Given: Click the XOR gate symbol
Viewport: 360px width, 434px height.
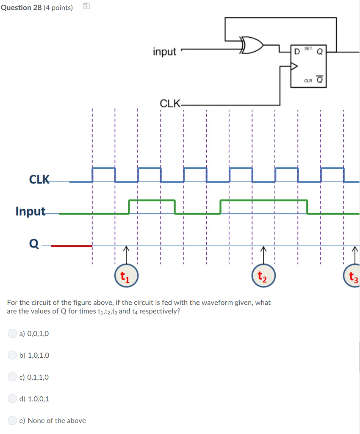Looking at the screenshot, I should pyautogui.click(x=252, y=45).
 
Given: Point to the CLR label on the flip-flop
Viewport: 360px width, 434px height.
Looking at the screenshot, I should pyautogui.click(x=308, y=81).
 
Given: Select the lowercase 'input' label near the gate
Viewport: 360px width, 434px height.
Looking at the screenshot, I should pyautogui.click(x=164, y=52).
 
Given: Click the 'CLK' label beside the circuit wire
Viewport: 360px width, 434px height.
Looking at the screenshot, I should pyautogui.click(x=169, y=103).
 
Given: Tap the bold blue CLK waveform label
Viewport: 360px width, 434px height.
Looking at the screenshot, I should pyautogui.click(x=39, y=179).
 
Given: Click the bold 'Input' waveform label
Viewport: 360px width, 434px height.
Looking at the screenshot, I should pyautogui.click(x=30, y=211).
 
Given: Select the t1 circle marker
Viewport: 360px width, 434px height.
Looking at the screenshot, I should pyautogui.click(x=125, y=277).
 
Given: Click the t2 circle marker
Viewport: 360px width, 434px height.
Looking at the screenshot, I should pyautogui.click(x=263, y=277).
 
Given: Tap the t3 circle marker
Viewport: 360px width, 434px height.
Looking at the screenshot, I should pyautogui.click(x=352, y=278).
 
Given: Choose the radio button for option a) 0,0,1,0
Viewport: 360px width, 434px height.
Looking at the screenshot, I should pyautogui.click(x=13, y=334).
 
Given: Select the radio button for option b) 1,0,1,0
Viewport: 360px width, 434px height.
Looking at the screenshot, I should pyautogui.click(x=13, y=355).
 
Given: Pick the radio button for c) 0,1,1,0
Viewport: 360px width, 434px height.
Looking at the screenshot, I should pyautogui.click(x=13, y=377).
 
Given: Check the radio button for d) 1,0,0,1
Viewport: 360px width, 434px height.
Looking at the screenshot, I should pyautogui.click(x=13, y=399).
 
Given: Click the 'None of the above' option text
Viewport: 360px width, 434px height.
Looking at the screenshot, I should pyautogui.click(x=56, y=420).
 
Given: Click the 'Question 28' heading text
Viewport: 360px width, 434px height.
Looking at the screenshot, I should pyautogui.click(x=21, y=8).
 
